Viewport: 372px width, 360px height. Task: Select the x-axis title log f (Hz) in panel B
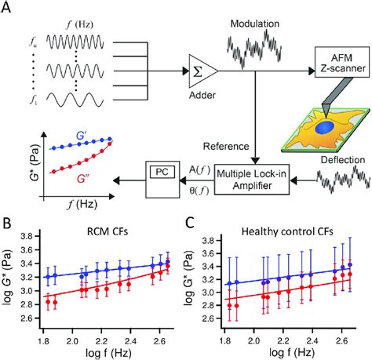pyautogui.click(x=103, y=352)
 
